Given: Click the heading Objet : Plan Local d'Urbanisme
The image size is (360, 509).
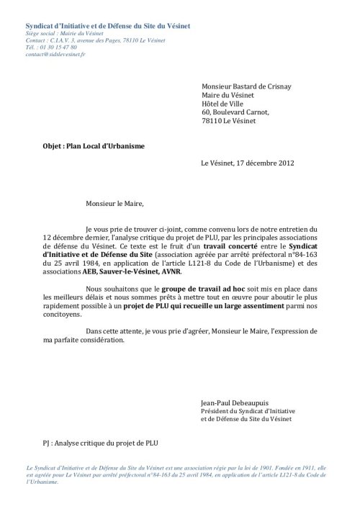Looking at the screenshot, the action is click(94, 145).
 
